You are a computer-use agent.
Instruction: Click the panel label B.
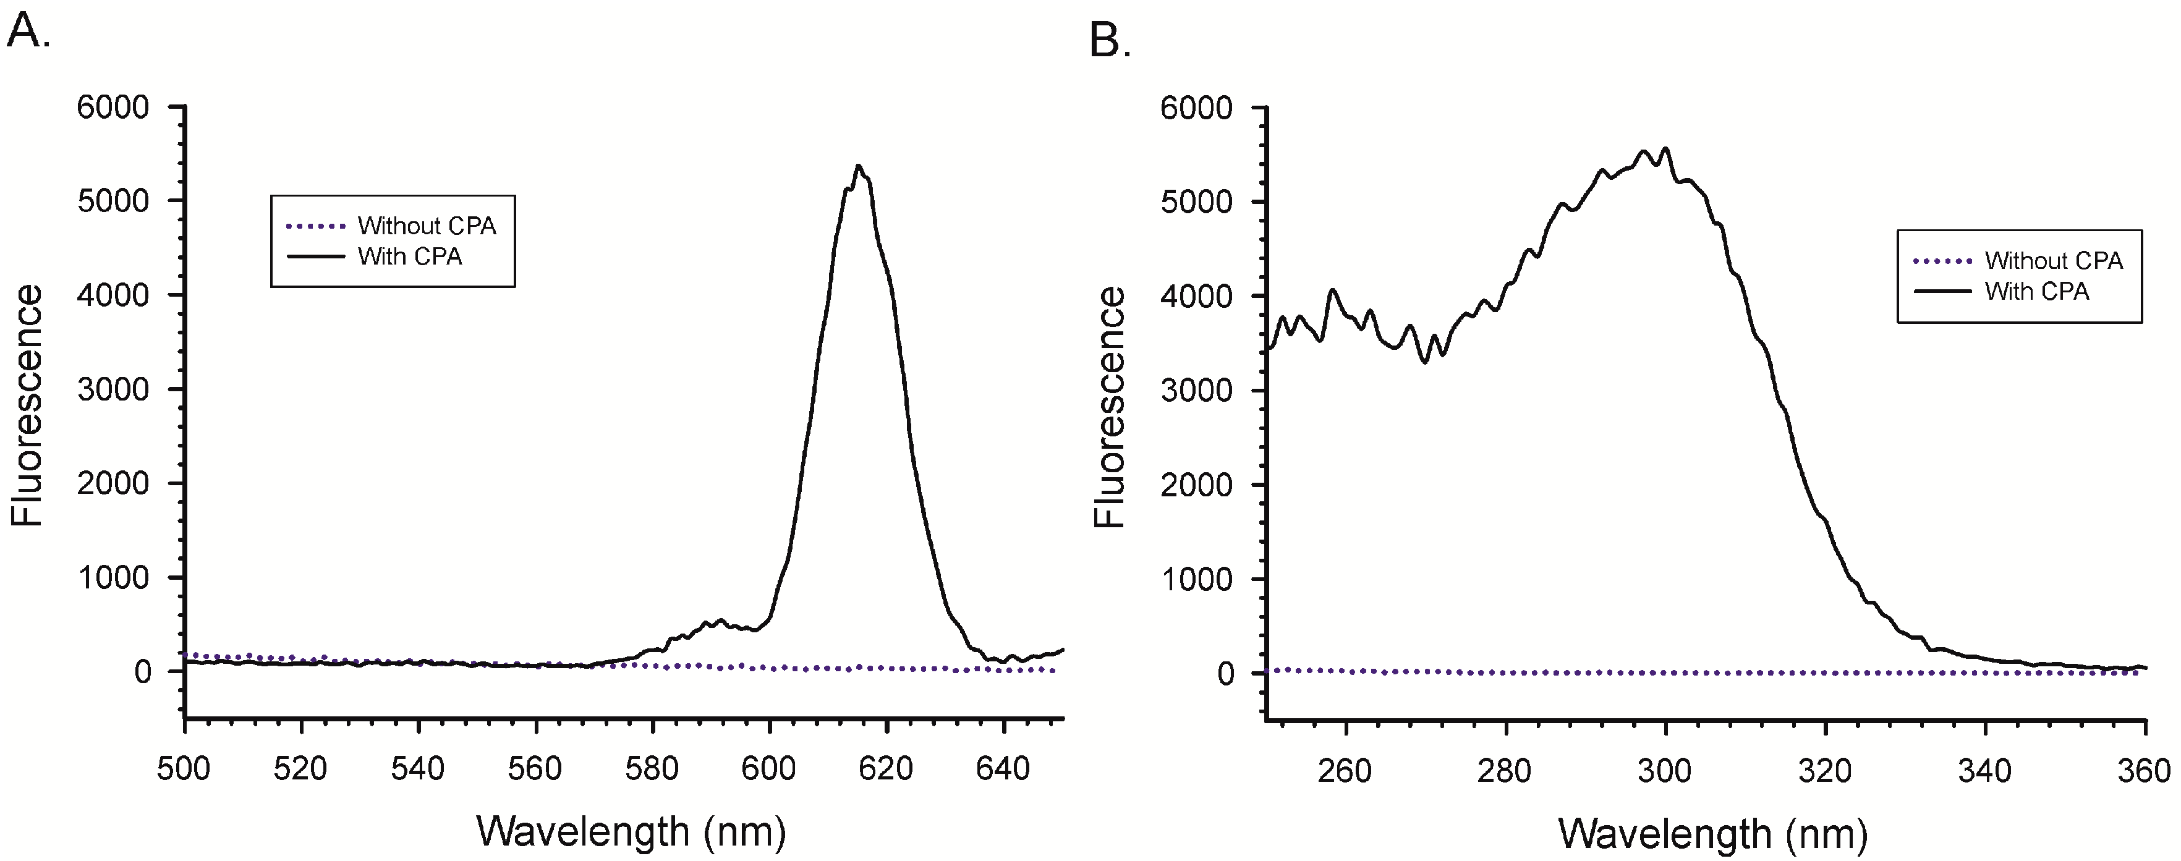pyautogui.click(x=1109, y=40)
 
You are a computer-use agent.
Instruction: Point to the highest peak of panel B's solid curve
pyautogui.click(x=1666, y=150)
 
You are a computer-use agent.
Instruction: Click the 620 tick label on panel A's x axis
pyautogui.click(x=886, y=769)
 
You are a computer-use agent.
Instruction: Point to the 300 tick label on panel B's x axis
pyautogui.click(x=1665, y=770)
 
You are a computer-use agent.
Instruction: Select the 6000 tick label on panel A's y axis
pyautogui.click(x=113, y=108)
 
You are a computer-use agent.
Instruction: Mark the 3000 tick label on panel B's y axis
pyautogui.click(x=1197, y=390)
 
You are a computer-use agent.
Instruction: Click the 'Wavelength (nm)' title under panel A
pyautogui.click(x=631, y=831)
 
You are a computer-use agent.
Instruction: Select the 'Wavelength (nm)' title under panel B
pyautogui.click(x=1713, y=833)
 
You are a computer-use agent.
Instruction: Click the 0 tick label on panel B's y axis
pyautogui.click(x=1225, y=674)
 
